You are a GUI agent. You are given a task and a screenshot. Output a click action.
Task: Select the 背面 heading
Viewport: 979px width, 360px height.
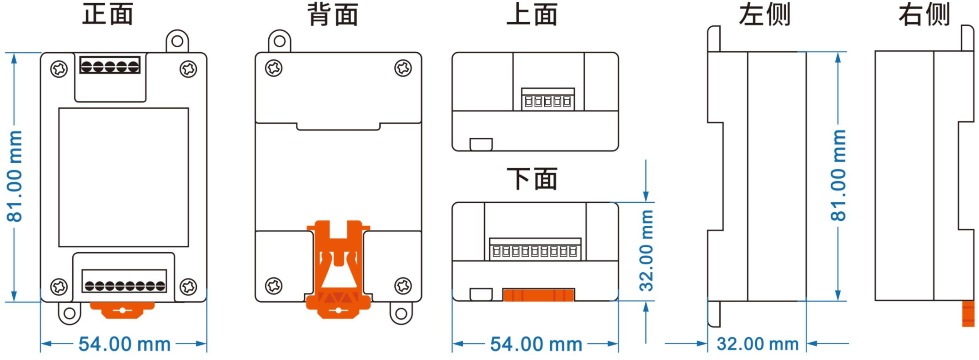pos(333,14)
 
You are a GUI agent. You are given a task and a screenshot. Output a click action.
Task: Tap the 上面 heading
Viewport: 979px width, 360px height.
pos(532,14)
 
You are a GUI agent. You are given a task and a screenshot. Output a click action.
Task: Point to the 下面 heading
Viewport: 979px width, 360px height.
pos(532,178)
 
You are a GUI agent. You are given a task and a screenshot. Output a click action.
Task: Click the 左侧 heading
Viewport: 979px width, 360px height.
pos(764,14)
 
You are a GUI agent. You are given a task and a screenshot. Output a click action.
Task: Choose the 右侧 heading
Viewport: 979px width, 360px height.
pos(924,14)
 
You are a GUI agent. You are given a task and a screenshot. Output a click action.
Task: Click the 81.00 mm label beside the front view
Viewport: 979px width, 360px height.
pos(15,176)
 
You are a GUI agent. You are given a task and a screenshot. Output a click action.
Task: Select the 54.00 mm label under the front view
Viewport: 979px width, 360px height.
pos(125,344)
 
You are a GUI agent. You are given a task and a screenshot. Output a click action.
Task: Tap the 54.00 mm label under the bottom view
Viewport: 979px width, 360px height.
pos(536,344)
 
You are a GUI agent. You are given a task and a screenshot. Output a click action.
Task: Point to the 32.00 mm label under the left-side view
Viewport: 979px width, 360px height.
pos(758,344)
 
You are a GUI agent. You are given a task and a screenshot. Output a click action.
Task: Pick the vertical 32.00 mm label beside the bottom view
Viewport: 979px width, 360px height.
pos(646,250)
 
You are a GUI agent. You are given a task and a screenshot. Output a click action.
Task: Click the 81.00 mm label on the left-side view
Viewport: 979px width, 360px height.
pos(838,175)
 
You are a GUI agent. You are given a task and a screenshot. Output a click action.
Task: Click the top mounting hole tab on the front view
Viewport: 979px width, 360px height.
pos(177,41)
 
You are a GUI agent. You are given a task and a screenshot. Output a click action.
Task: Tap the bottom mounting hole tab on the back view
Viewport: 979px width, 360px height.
pos(401,313)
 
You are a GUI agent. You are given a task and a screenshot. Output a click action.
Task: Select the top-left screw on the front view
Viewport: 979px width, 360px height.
pos(59,69)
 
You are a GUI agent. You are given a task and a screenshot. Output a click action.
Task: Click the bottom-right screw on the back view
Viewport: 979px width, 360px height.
pos(403,286)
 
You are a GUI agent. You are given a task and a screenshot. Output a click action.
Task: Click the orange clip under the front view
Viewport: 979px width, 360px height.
pos(122,310)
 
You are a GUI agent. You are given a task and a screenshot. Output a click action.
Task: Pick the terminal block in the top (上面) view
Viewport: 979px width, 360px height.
pos(548,99)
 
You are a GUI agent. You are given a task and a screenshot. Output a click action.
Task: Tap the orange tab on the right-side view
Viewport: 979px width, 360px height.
pos(968,314)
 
